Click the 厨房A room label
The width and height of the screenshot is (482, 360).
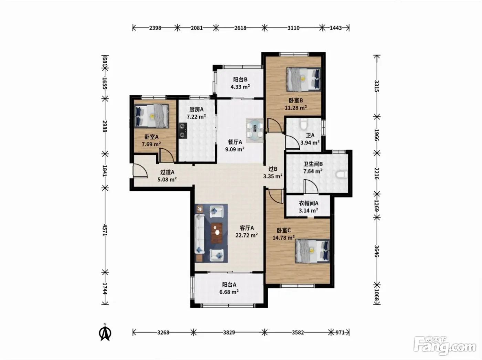coord(196,109)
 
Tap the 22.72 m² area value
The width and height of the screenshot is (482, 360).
coord(247,235)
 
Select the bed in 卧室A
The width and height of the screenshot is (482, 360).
coord(151,116)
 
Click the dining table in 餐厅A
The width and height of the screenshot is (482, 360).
coord(255,130)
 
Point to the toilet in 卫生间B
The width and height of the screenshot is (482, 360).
coord(342,174)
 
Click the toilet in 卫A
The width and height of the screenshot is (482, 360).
coord(303,124)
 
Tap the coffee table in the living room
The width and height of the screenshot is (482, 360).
coord(217,233)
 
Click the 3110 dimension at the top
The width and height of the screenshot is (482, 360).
coord(293,28)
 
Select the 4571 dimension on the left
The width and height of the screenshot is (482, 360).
coord(105,230)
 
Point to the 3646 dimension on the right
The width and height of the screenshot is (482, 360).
coord(377,251)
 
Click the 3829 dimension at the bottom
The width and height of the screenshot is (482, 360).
coord(229,332)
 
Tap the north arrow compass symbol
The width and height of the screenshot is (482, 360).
coord(106,333)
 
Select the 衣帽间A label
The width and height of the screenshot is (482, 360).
coord(308,203)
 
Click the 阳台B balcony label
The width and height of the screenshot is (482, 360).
coord(240,79)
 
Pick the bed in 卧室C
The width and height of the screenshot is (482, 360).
coord(313,251)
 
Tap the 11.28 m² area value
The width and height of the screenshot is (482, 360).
coord(296,108)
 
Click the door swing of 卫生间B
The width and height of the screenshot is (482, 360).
coord(311,187)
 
